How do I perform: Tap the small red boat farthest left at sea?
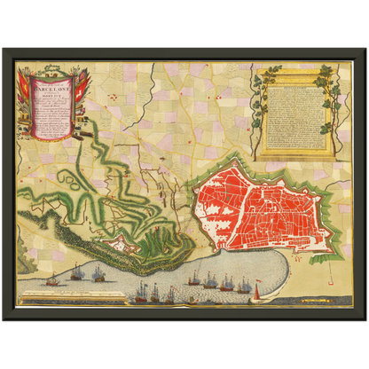point(52,282)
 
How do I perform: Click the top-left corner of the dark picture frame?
point(4,50)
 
